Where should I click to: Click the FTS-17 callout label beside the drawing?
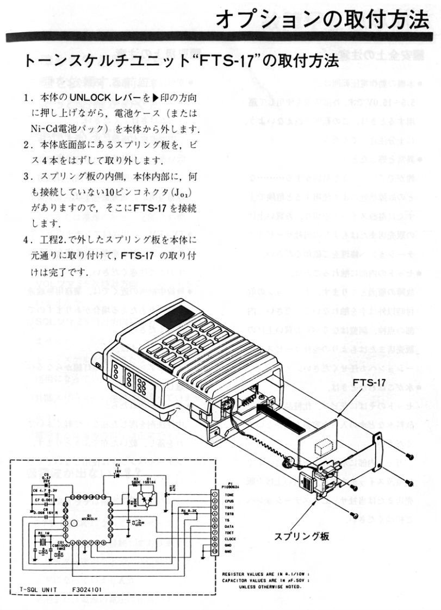[368, 382]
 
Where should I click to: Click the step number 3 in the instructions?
[26, 177]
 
